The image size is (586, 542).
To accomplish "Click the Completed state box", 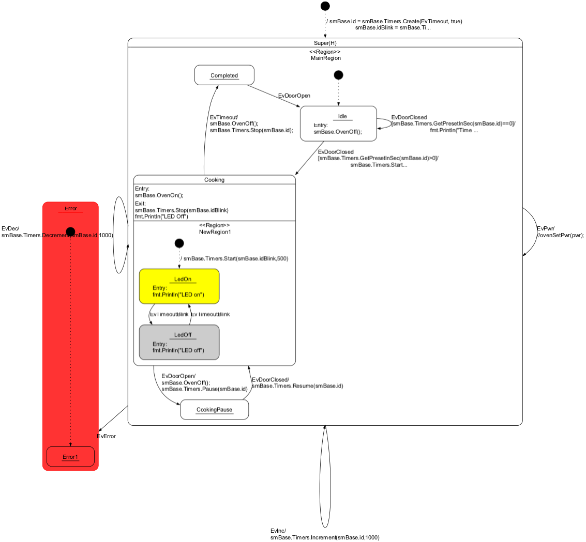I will click(224, 75).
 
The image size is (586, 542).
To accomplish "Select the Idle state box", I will click(338, 123).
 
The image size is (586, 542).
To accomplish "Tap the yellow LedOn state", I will click(179, 286).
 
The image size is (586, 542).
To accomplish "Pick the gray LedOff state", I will click(179, 342).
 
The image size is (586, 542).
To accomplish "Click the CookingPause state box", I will click(214, 410).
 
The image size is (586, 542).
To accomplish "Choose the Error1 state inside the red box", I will click(70, 456).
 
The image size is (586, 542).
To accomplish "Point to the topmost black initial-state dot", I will click(325, 6).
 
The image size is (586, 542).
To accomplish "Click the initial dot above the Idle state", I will click(338, 75).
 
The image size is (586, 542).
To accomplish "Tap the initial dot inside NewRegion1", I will click(179, 243).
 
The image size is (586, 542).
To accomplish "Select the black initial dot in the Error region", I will click(70, 231).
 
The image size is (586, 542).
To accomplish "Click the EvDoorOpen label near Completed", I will click(294, 96).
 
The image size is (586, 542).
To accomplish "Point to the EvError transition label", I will click(107, 436).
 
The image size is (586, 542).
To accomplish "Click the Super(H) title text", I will click(325, 42).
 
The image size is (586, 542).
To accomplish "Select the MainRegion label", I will click(325, 58).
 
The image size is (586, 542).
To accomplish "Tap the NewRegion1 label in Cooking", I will click(215, 232).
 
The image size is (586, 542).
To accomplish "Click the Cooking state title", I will click(214, 180).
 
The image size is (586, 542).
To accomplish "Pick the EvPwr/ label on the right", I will click(546, 228).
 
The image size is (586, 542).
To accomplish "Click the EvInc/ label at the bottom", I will click(278, 531).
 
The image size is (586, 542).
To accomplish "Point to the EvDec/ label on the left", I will click(10, 228).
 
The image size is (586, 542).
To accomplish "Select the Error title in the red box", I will click(70, 209).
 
